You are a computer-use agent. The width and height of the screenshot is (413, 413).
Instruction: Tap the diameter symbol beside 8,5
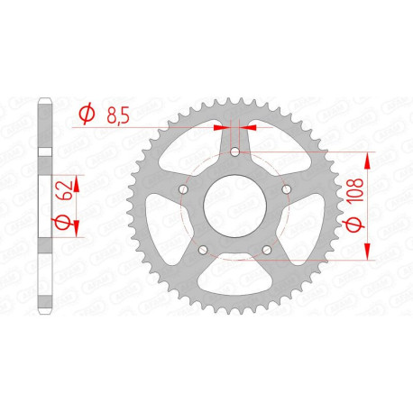87,115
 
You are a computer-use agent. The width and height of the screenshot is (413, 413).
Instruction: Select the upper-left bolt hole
184,189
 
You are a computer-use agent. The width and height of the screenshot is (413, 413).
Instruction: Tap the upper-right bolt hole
287,189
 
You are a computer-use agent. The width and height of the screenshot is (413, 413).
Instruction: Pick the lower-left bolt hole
204,250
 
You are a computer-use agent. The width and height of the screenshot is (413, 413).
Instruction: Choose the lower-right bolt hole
267,250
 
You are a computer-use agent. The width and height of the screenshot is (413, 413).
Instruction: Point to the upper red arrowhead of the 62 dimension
76,183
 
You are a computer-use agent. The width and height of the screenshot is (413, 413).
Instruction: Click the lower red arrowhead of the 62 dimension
76,223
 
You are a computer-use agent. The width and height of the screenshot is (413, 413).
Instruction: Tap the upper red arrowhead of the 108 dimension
368,161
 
